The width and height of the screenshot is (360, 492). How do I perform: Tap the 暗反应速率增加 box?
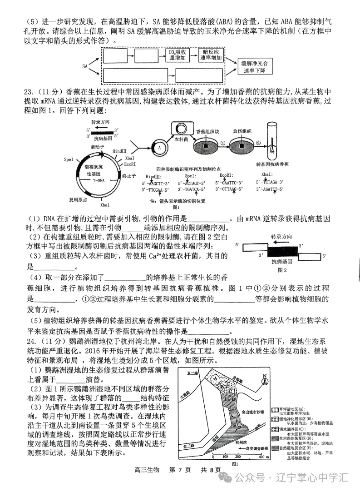click(x=212, y=55)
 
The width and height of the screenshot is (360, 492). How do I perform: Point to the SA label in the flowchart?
click(x=85, y=66)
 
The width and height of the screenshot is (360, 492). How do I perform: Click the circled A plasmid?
click(x=159, y=147)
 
